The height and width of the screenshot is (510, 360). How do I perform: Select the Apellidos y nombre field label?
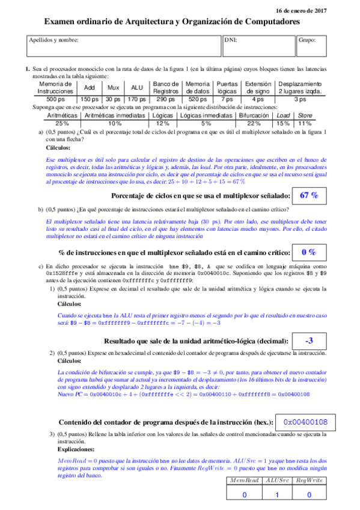(x=53, y=40)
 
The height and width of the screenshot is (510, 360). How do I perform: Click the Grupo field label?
(x=307, y=40)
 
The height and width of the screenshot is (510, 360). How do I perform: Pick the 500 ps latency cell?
(x=56, y=99)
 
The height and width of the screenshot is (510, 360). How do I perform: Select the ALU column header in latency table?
(x=137, y=88)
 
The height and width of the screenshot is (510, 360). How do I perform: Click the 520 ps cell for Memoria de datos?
(x=198, y=99)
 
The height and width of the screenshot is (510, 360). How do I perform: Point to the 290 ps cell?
(x=166, y=99)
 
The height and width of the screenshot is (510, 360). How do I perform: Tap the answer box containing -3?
(x=308, y=341)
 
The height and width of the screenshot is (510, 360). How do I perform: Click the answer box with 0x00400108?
(x=305, y=421)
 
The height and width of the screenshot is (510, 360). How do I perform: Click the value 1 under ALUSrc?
(x=277, y=494)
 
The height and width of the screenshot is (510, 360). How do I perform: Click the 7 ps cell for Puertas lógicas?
(x=227, y=99)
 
